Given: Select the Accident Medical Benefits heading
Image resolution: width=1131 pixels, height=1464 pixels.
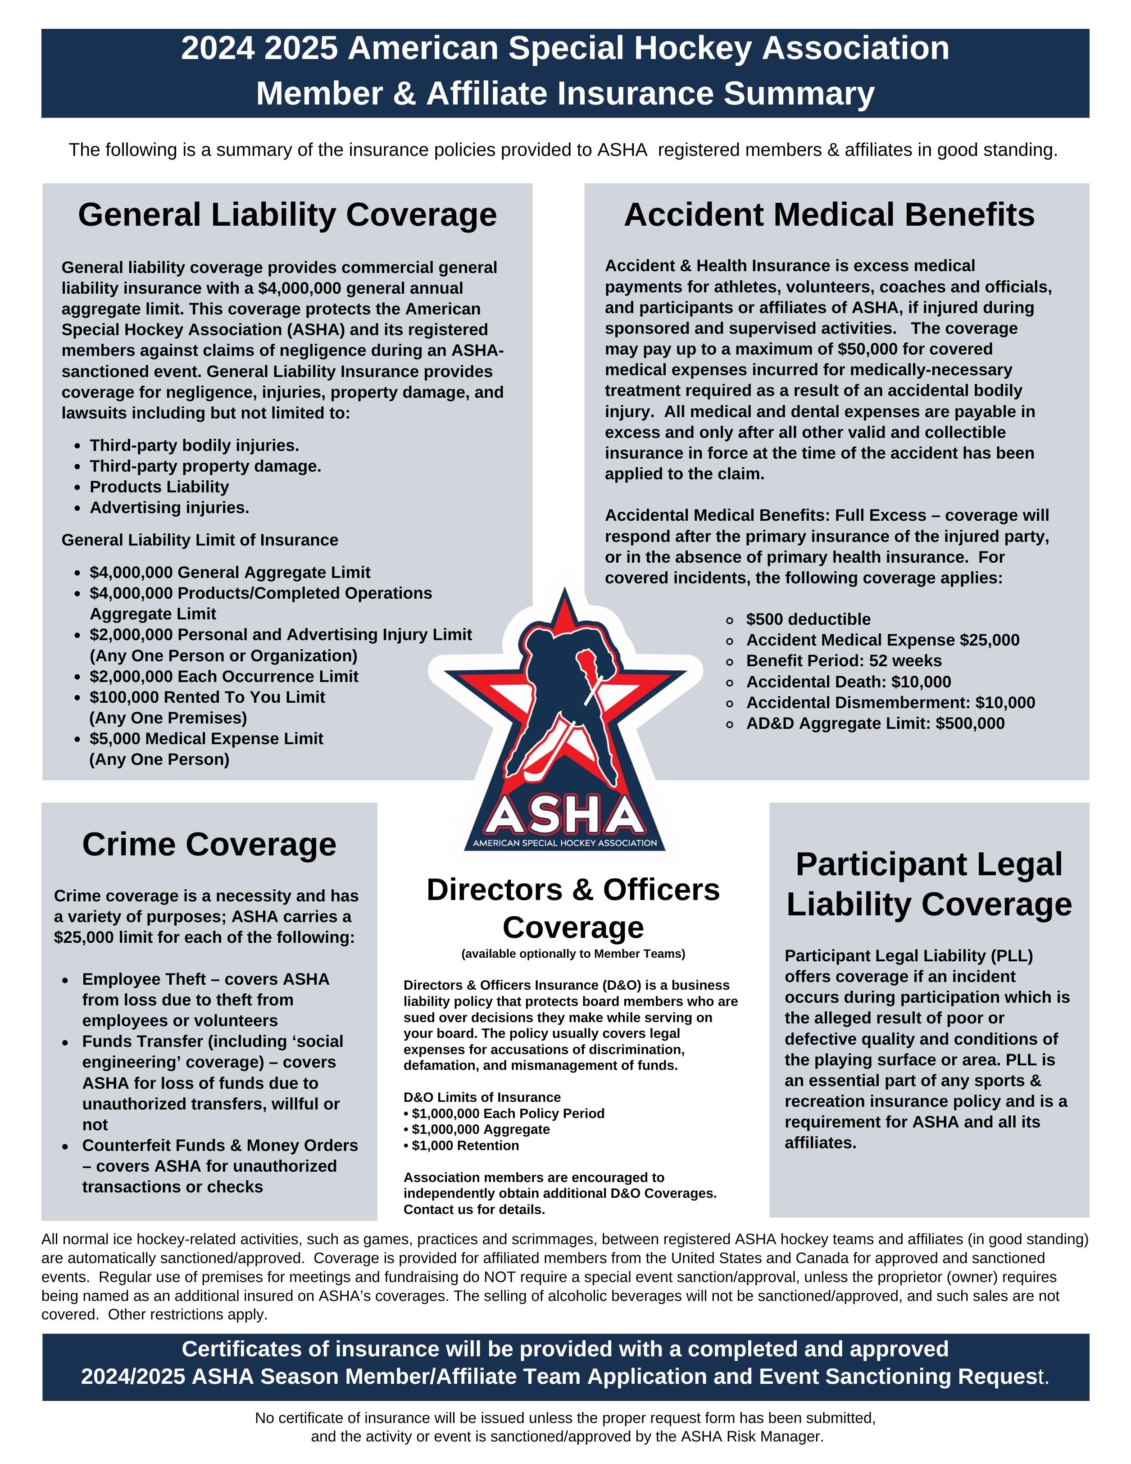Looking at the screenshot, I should (x=829, y=215).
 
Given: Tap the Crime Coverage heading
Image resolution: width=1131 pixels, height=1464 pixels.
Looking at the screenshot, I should (x=209, y=844).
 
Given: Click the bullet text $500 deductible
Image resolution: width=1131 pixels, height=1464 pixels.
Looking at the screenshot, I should (x=808, y=619).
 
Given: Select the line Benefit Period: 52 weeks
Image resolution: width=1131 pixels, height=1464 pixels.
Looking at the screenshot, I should (x=843, y=661).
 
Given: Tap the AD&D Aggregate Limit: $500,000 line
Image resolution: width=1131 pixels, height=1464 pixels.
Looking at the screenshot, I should (x=875, y=723).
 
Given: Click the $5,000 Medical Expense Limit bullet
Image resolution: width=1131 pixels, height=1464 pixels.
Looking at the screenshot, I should (x=206, y=739).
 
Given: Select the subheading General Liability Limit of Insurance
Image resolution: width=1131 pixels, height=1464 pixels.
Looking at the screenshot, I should (x=200, y=540).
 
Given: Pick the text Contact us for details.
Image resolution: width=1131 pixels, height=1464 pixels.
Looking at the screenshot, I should (x=474, y=1210).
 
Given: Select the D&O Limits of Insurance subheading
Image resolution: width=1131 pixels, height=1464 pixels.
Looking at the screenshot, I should (x=481, y=1097).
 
